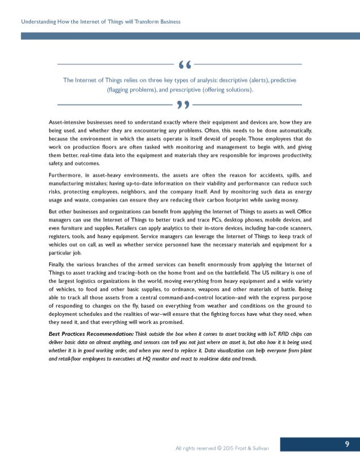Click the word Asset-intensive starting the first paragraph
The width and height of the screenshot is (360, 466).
[x=69, y=122]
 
